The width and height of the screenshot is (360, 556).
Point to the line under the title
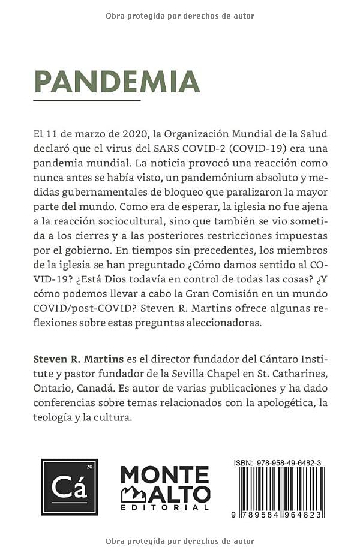pos(87,100)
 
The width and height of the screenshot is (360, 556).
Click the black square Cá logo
pos(69,486)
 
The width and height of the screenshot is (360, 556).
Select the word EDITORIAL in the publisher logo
pos(165,507)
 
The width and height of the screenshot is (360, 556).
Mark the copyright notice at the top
pos(180,16)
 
